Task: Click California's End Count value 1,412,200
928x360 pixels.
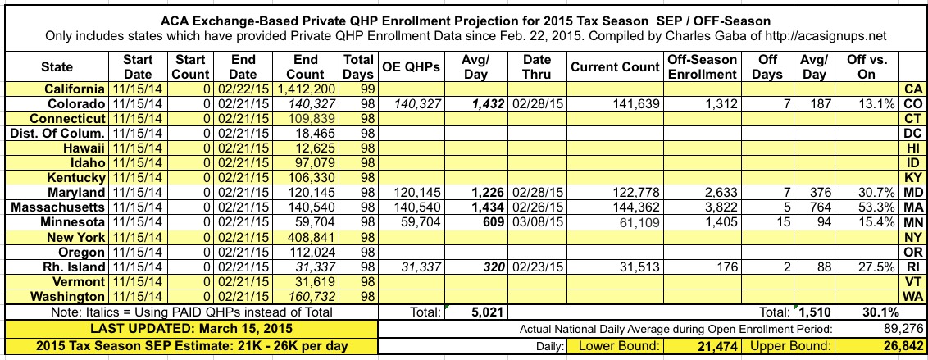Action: point(310,89)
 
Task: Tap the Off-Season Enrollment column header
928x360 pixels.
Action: point(703,67)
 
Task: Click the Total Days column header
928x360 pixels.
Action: point(358,67)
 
